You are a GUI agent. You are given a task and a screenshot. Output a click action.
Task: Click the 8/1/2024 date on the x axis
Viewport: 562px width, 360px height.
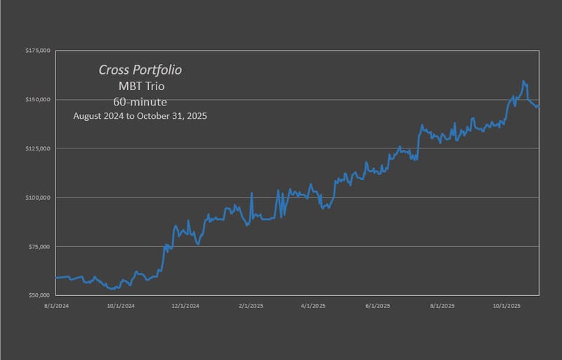click(x=55, y=306)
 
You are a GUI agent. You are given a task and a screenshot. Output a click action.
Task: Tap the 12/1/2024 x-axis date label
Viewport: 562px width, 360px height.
click(x=185, y=306)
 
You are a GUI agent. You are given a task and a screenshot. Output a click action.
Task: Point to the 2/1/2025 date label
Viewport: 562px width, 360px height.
click(x=250, y=306)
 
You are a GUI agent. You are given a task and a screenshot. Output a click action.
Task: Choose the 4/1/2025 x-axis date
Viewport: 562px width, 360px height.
click(x=313, y=306)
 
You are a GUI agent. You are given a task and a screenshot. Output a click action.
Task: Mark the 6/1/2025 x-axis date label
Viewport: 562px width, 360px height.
click(x=377, y=306)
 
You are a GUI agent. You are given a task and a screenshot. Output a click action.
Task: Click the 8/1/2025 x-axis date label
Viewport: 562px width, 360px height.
click(x=442, y=306)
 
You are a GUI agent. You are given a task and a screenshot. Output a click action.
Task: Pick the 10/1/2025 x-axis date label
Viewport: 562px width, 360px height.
click(x=506, y=306)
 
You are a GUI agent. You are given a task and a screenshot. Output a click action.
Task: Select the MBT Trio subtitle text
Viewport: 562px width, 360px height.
click(x=143, y=86)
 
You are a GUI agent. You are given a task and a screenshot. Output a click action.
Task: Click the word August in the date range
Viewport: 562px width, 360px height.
click(x=89, y=116)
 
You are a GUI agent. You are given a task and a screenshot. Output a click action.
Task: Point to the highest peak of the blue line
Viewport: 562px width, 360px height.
click(x=523, y=81)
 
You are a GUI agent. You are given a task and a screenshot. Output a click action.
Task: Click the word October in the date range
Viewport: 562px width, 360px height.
click(x=165, y=116)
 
